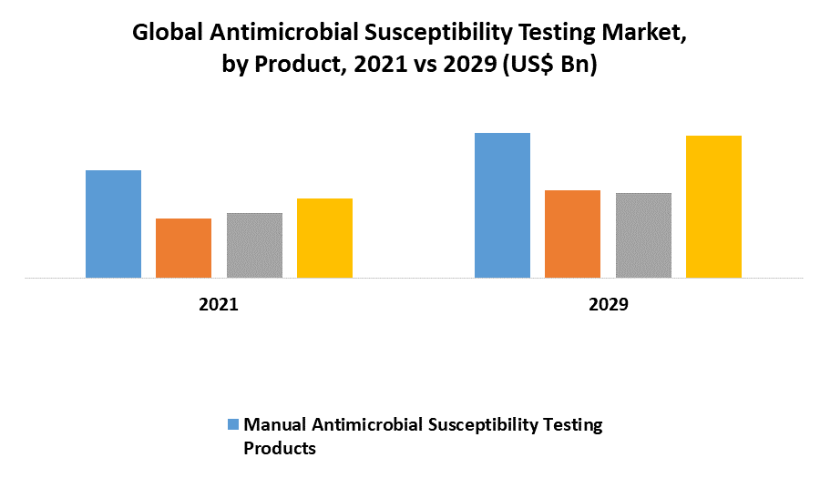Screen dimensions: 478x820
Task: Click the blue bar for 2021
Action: pyautogui.click(x=113, y=224)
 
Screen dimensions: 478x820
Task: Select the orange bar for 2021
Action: pyautogui.click(x=183, y=248)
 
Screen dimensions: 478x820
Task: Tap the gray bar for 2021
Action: pyautogui.click(x=254, y=245)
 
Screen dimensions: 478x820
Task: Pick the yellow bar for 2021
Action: pyautogui.click(x=324, y=238)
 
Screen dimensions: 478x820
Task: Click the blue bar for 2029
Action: pyautogui.click(x=502, y=205)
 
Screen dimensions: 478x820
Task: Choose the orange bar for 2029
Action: pyautogui.click(x=572, y=234)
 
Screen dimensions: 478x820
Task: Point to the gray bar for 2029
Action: pyautogui.click(x=643, y=235)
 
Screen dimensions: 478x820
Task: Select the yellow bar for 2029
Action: pyautogui.click(x=713, y=207)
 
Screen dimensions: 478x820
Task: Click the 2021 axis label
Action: pyautogui.click(x=219, y=305)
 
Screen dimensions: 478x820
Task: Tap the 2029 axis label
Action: pyautogui.click(x=608, y=305)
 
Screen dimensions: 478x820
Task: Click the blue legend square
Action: pyautogui.click(x=232, y=424)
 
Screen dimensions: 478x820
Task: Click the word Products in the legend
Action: pyautogui.click(x=280, y=448)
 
